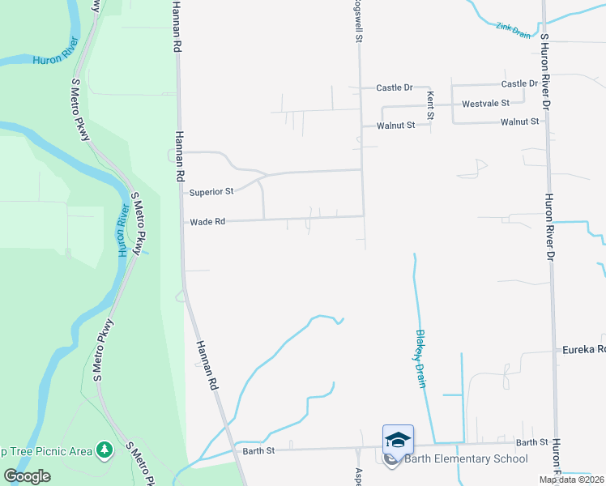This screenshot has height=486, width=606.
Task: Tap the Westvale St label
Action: (485, 104)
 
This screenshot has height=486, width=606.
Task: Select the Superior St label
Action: (211, 192)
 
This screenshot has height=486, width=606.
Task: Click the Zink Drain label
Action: (513, 30)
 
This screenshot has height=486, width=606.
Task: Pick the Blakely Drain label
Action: (420, 358)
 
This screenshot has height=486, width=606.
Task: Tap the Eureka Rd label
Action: (583, 350)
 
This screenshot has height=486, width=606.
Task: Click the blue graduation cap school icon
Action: (398, 439)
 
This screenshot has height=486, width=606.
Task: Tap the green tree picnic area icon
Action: (103, 449)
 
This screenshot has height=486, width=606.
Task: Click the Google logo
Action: (27, 476)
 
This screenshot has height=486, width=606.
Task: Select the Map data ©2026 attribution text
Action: (570, 480)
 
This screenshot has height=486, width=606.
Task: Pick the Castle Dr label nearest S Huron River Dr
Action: (519, 83)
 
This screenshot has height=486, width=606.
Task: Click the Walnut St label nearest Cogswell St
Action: (395, 126)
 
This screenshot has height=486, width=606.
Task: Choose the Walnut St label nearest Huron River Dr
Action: (519, 122)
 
